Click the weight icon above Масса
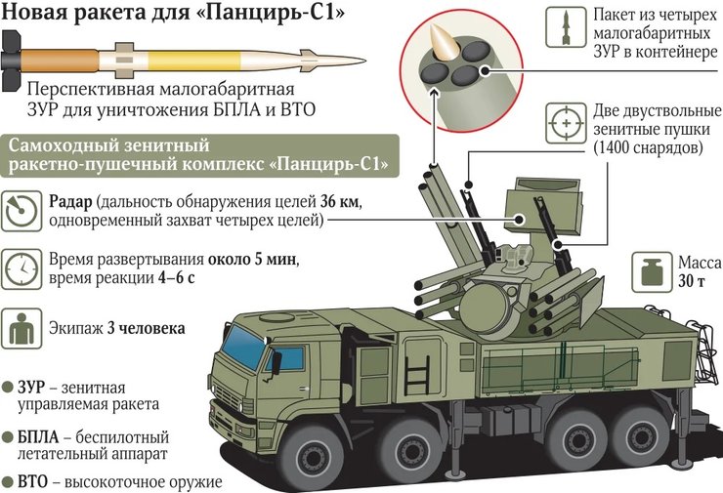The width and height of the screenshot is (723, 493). click(x=650, y=272)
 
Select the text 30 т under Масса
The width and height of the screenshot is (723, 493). click(x=691, y=282)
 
